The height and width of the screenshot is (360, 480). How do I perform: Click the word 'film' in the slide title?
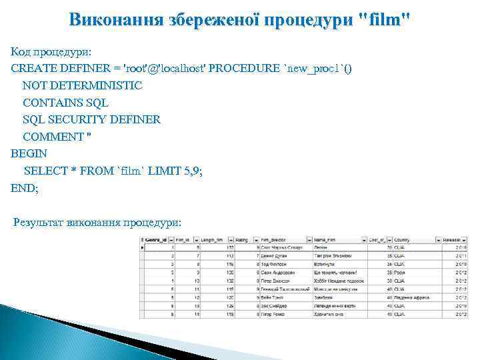383,19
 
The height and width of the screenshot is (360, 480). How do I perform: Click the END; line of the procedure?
25,189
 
